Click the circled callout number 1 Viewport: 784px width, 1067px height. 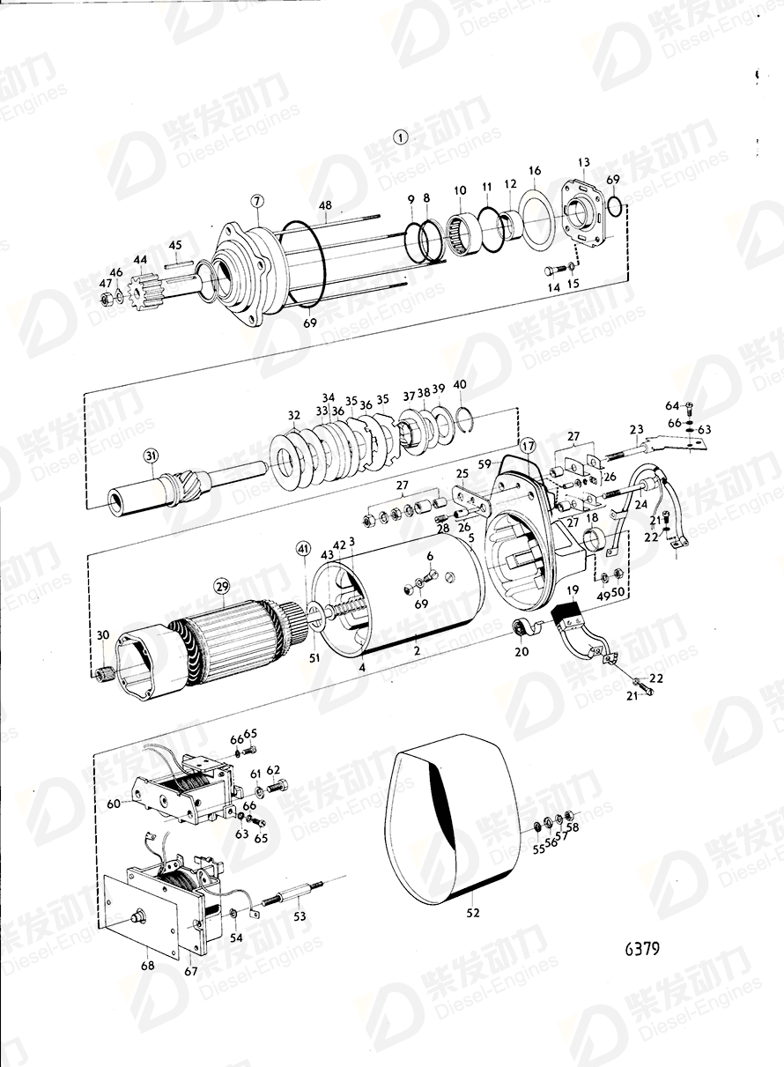[401, 137]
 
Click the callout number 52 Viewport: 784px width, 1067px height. [473, 914]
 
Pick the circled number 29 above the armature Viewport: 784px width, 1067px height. [219, 586]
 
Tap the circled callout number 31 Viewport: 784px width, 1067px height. [151, 456]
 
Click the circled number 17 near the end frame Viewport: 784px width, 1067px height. [526, 445]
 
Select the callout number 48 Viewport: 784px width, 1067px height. [326, 207]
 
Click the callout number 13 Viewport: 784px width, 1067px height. [583, 162]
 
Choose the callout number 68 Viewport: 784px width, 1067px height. [147, 966]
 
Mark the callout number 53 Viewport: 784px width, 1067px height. [300, 916]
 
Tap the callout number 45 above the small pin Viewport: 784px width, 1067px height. [174, 245]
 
